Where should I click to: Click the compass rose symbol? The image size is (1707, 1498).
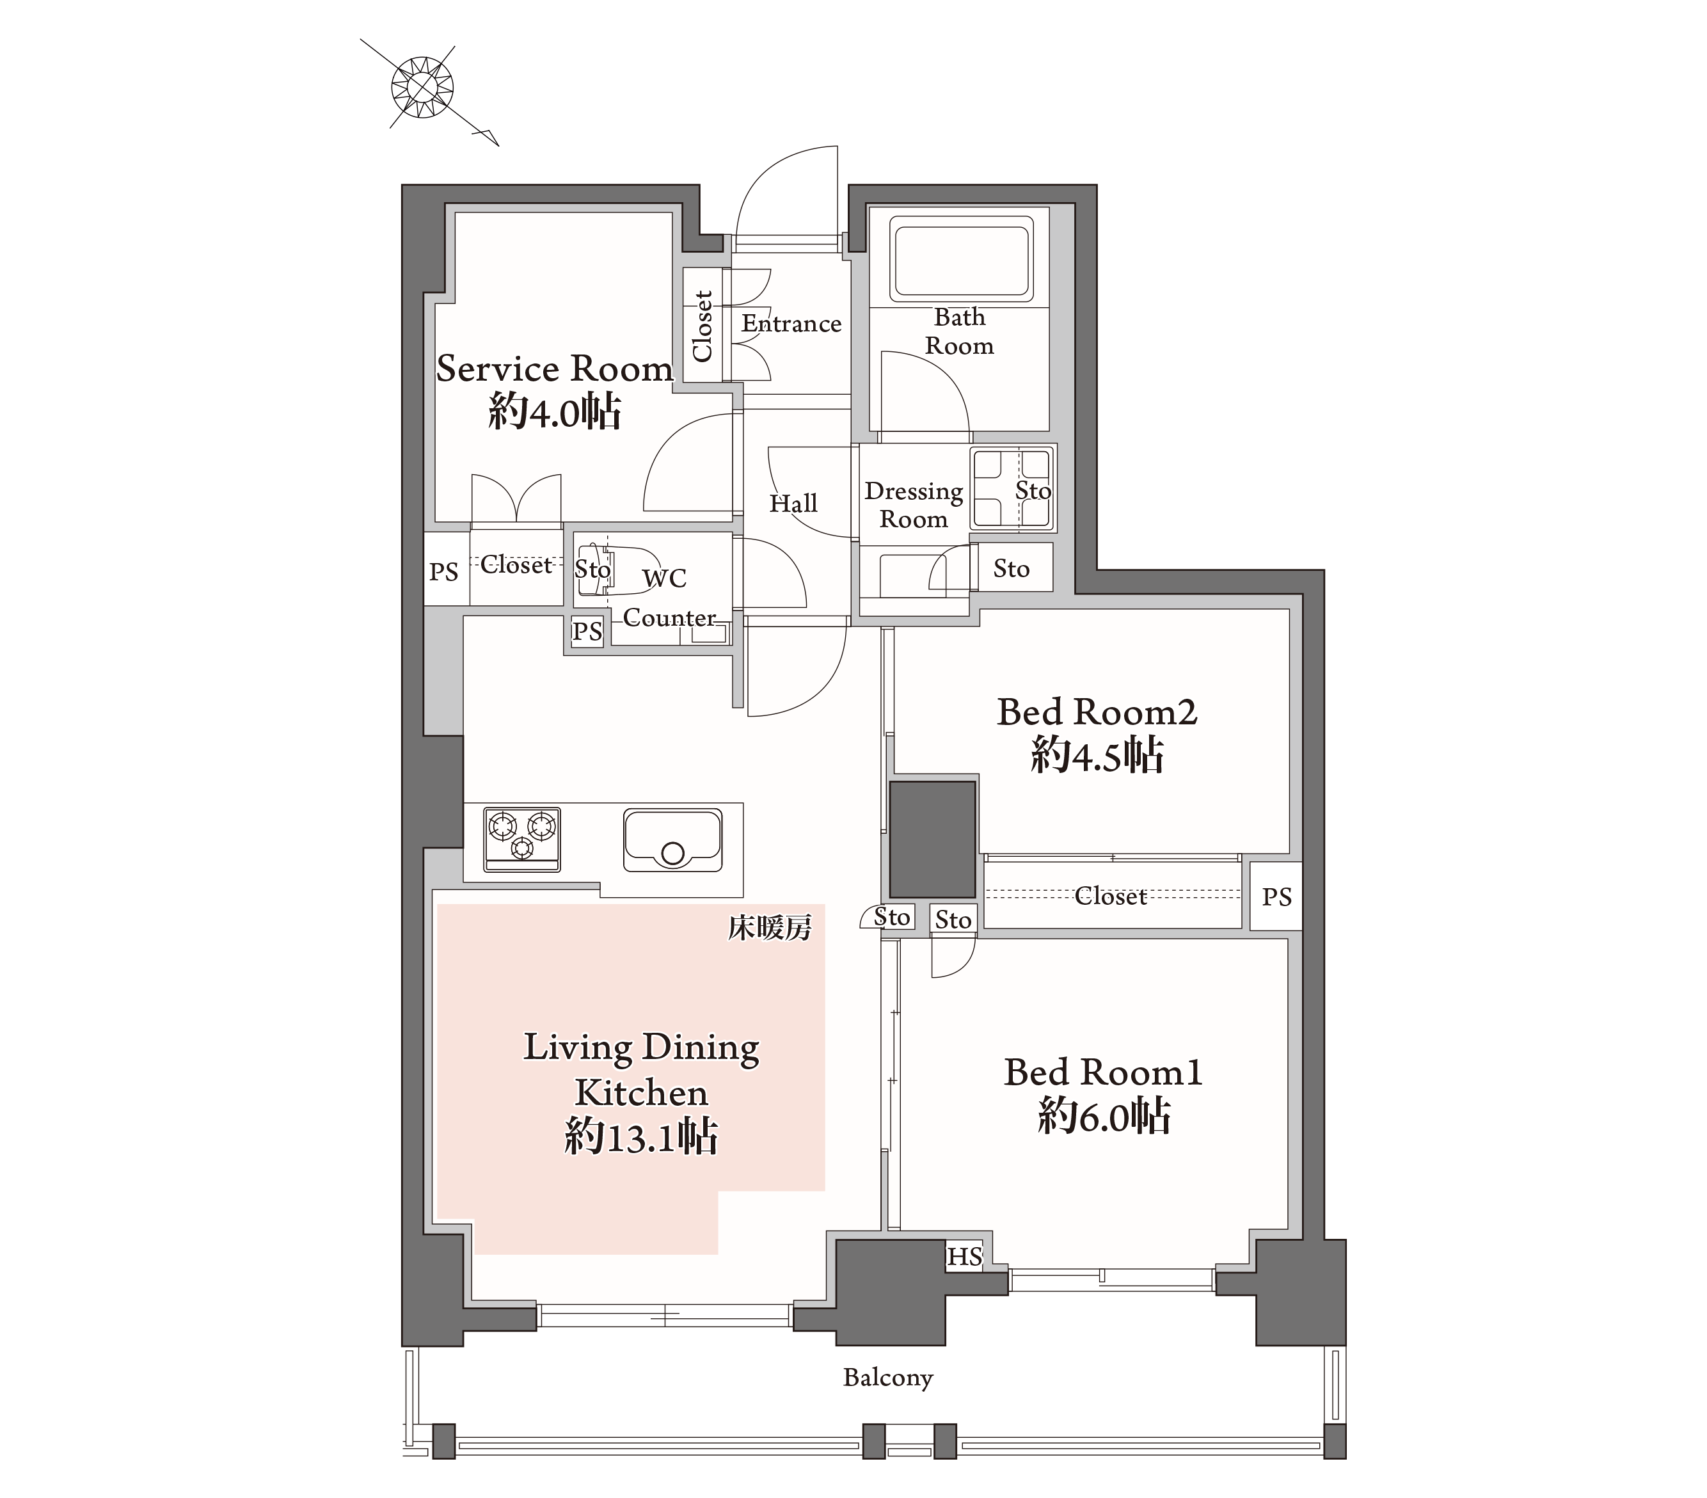422,86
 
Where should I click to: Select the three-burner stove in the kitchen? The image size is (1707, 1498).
522,839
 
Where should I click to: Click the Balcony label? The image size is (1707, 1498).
888,1378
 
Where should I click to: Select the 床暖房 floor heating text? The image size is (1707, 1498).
769,927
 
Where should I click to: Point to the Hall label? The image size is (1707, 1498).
793,503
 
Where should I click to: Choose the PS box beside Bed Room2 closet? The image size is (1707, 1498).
1276,896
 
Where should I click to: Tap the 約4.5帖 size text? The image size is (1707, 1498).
1097,754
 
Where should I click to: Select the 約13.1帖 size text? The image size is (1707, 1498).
640,1136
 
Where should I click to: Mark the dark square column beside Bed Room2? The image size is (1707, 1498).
932,839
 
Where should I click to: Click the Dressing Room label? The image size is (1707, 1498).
913,505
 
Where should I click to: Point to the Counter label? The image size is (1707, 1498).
669,618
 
